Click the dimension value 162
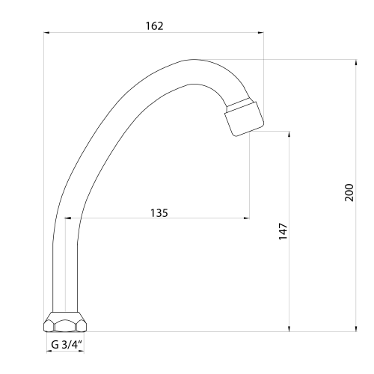[154, 26]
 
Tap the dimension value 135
[159, 213]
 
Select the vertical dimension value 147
[283, 232]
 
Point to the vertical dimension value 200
[349, 192]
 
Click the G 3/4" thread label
[67, 345]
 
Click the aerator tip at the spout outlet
[245, 119]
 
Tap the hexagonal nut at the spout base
[65, 322]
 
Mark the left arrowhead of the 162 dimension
[46, 32]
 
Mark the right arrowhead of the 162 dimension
[260, 32]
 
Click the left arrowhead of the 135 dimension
[68, 218]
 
